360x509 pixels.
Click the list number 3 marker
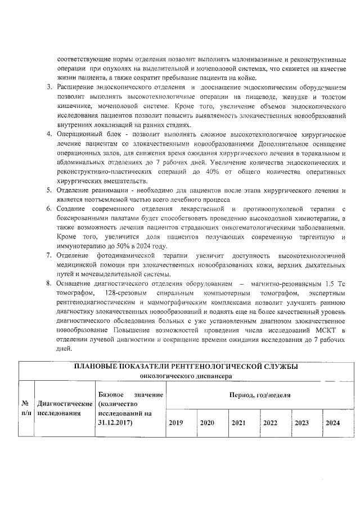coord(49,88)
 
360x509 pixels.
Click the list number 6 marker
coord(49,209)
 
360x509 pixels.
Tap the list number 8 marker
coord(49,283)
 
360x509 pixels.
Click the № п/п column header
coord(25,408)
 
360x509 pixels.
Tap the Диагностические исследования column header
coord(64,408)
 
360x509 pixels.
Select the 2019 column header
coord(176,422)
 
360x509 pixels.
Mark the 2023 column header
coord(301,422)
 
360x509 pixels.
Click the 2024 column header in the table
coord(332,422)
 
